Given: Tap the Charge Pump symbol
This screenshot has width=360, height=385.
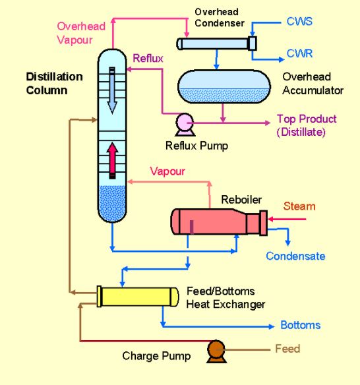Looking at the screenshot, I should tap(215, 351).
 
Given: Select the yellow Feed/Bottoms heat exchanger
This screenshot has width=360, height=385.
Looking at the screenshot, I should tap(138, 296).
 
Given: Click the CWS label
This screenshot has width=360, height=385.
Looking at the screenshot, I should tap(300, 22).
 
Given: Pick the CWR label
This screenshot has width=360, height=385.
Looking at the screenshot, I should tap(300, 53).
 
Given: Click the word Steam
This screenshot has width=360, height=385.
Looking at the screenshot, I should tap(299, 206).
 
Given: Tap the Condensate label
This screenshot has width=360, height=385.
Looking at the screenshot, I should tap(295, 256).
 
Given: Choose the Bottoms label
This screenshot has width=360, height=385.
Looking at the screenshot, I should tap(300, 325).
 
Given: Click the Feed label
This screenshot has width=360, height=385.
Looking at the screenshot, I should tap(287, 349).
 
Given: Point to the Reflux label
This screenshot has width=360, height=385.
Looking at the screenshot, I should tap(148, 58).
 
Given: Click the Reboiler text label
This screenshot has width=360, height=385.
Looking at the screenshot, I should tap(241, 199).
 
